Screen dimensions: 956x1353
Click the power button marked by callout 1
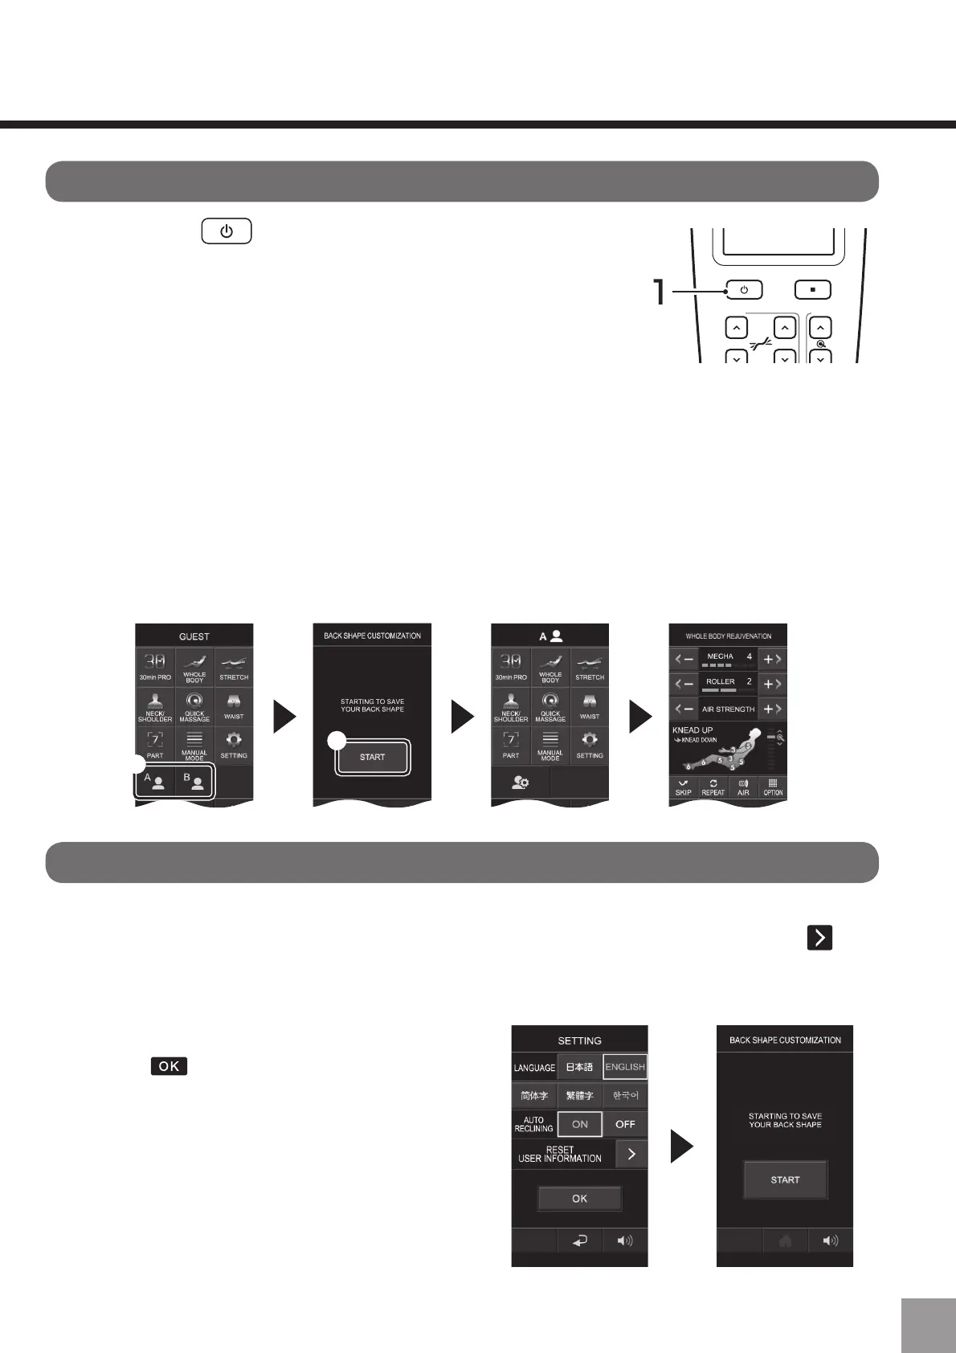pos(744,290)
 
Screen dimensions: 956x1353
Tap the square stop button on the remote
pos(813,290)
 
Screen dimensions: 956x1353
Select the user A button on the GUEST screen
pos(154,782)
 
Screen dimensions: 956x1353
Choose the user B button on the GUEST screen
pos(194,782)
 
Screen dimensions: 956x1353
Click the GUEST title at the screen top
pos(194,636)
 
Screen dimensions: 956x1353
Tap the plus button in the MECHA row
pos(772,660)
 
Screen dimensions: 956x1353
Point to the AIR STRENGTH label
pos(728,709)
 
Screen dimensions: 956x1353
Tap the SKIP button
pos(684,787)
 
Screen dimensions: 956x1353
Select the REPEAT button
pos(713,787)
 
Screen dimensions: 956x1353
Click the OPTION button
pos(773,787)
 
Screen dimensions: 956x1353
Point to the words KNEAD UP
pos(692,730)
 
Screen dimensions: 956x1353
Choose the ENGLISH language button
pos(625,1067)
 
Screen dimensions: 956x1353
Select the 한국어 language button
pos(625,1095)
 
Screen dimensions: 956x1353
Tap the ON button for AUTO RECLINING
pos(580,1124)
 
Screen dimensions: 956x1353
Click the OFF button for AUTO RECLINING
pos(625,1124)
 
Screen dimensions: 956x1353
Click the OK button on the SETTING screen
pos(579,1199)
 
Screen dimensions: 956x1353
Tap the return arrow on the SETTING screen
pos(579,1241)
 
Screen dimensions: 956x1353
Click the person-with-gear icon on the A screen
pos(521,782)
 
